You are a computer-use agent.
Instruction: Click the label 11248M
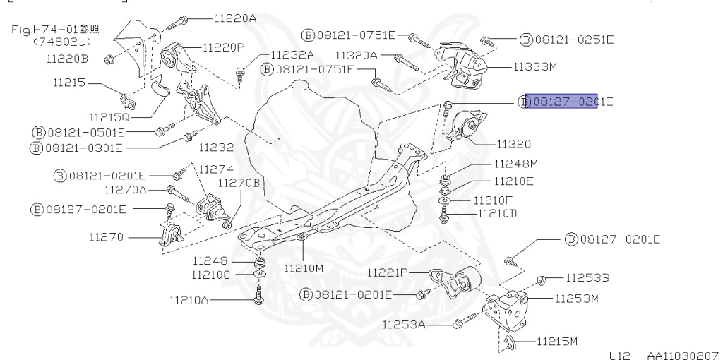tap(516, 164)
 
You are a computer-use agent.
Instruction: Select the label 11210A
tap(189, 300)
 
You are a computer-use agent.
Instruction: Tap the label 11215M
tap(556, 342)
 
